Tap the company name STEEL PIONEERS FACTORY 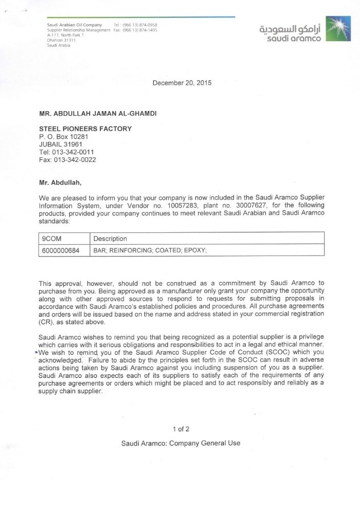pyautogui.click(x=85, y=128)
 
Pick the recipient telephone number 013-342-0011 pyautogui.click(x=73, y=152)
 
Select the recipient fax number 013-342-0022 pyautogui.click(x=75, y=160)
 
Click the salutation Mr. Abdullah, pyautogui.click(x=60, y=182)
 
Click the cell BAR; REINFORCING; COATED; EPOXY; pyautogui.click(x=150, y=250)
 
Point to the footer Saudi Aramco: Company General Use pyautogui.click(x=181, y=443)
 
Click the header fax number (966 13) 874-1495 pyautogui.click(x=139, y=30)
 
